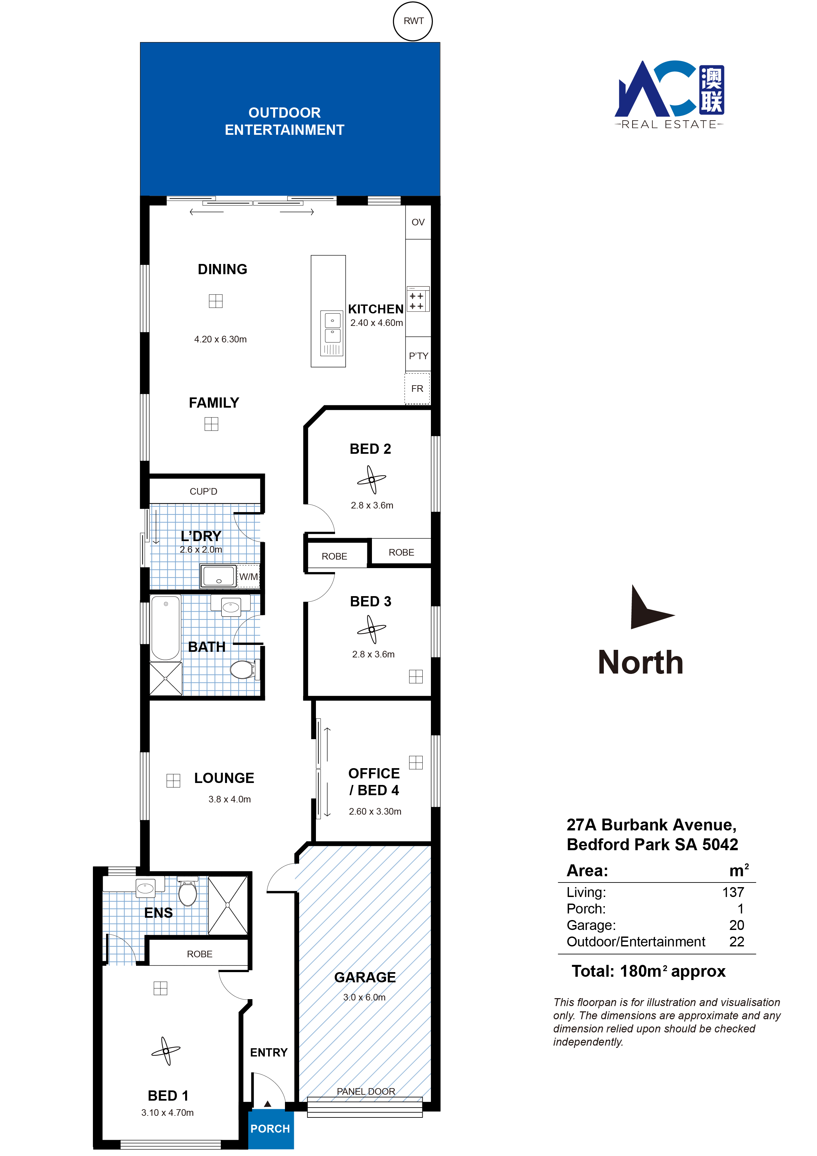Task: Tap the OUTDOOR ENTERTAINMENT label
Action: pos(284,121)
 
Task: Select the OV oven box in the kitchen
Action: pos(418,222)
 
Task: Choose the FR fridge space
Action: pos(417,388)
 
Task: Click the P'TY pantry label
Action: pos(418,356)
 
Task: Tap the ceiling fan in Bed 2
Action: pos(372,479)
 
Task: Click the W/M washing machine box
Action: pos(248,576)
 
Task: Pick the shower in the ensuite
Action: pos(228,905)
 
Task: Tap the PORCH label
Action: pos(270,1128)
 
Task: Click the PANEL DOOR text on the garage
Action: pos(366,1091)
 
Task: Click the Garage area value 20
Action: pos(737,925)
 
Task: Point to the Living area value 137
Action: pos(733,892)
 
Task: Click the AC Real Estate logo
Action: pos(669,95)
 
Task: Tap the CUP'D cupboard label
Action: pos(203,491)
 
